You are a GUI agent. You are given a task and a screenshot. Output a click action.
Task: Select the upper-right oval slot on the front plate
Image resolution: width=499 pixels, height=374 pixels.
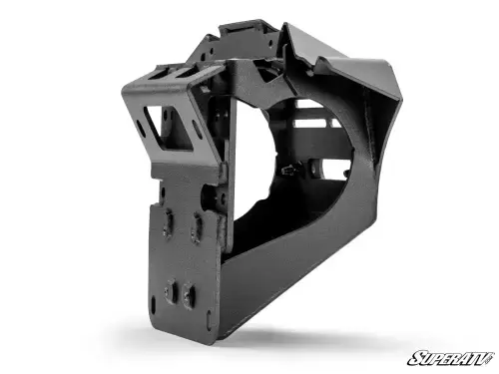point(196,230)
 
